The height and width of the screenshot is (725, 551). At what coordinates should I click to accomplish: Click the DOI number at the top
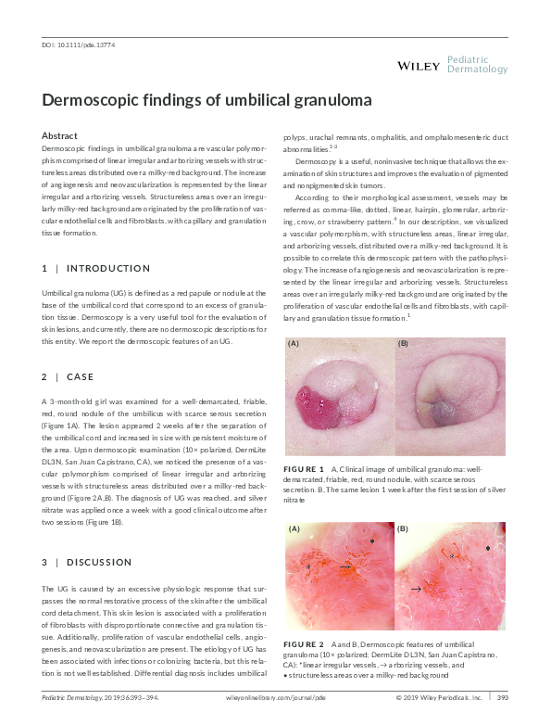pyautogui.click(x=79, y=45)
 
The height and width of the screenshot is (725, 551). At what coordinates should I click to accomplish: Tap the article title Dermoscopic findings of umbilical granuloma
pyautogui.click(x=207, y=100)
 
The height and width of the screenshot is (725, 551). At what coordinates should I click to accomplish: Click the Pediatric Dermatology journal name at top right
pyautogui.click(x=477, y=64)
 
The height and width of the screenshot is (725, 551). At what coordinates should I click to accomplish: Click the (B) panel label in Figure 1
pyautogui.click(x=403, y=343)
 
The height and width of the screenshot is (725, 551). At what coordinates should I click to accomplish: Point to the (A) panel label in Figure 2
pyautogui.click(x=295, y=529)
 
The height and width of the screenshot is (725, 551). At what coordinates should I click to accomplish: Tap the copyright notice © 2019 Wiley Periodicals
pyautogui.click(x=439, y=697)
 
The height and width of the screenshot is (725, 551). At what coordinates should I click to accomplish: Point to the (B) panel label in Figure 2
pyautogui.click(x=403, y=529)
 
